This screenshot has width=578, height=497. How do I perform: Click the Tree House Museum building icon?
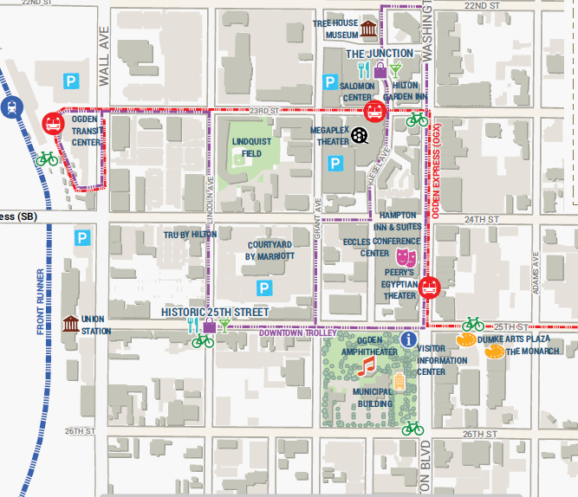click(x=371, y=30)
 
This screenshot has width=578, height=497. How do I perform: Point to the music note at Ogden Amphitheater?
click(x=367, y=368)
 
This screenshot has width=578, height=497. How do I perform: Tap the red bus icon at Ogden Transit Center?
click(x=53, y=123)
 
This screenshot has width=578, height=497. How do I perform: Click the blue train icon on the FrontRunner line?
click(x=11, y=106)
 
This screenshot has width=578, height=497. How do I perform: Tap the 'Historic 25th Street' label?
click(x=215, y=312)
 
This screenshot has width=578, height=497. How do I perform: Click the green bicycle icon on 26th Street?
click(x=412, y=428)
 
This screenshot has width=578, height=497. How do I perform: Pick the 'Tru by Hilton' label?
click(x=191, y=234)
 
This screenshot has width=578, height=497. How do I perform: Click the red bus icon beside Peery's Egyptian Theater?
click(x=429, y=287)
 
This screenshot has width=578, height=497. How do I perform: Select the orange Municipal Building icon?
click(x=399, y=382)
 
